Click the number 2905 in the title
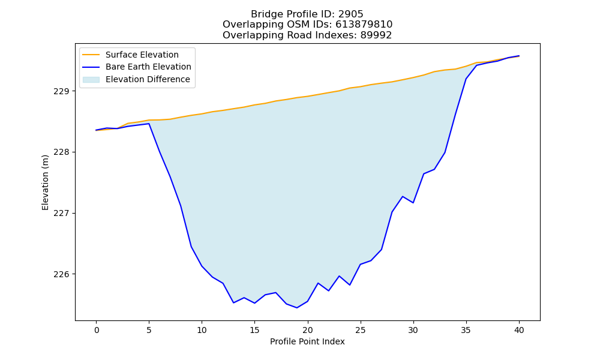coord(350,14)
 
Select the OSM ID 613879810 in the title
coord(364,25)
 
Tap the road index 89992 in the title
coord(376,35)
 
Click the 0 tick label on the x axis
coord(97,330)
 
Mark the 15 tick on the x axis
coord(254,330)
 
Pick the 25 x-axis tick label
coord(361,330)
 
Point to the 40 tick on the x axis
coord(519,330)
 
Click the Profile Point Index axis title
coord(307,341)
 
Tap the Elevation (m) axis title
coord(46,182)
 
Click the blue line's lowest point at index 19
coord(297,308)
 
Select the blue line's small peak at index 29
coord(403,197)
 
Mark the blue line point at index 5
coord(149,124)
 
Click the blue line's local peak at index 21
coord(318,283)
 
